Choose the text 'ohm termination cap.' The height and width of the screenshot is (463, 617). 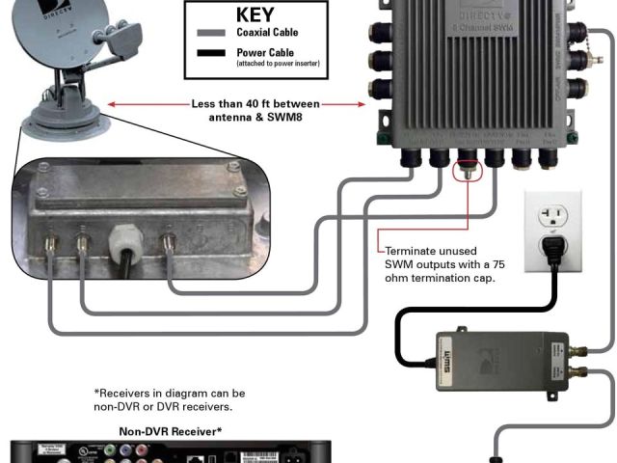439,279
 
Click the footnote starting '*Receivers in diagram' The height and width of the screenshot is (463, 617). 169,393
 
